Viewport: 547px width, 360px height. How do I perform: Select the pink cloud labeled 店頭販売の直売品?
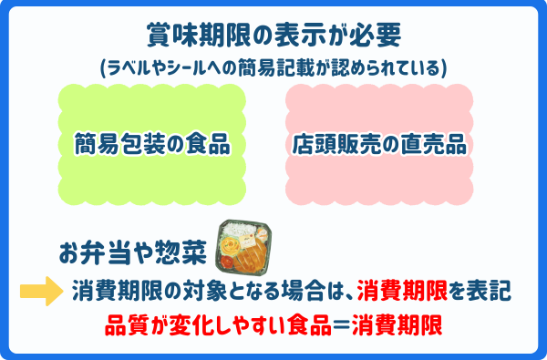(x=378, y=143)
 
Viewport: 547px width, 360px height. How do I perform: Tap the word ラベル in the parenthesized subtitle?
(x=133, y=68)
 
